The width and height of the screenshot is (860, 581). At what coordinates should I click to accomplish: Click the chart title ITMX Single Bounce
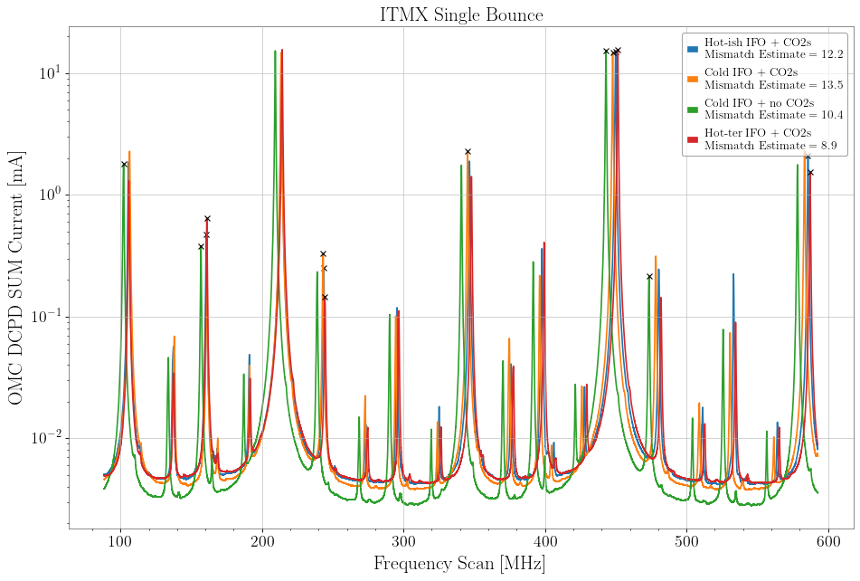(x=461, y=14)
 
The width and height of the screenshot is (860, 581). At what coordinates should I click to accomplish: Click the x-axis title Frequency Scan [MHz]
(x=461, y=563)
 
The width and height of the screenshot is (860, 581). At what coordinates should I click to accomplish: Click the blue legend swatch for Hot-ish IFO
(x=693, y=48)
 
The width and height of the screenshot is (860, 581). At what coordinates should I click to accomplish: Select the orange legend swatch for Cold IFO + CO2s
(x=693, y=79)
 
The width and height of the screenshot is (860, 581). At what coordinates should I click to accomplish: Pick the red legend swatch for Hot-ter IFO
(x=693, y=139)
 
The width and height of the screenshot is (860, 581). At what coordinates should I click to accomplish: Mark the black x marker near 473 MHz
(x=649, y=276)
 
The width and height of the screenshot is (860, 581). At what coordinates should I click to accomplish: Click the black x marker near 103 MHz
(x=124, y=164)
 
